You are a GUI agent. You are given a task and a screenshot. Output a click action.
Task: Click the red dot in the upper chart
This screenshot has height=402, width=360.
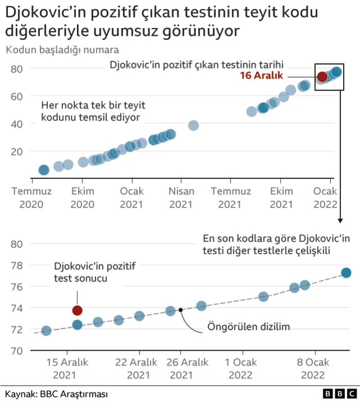pyautogui.click(x=322, y=76)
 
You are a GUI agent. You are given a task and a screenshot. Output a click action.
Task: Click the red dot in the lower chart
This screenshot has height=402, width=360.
pyautogui.click(x=77, y=310)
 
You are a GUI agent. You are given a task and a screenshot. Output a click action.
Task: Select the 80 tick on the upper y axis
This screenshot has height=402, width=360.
pyautogui.click(x=17, y=69)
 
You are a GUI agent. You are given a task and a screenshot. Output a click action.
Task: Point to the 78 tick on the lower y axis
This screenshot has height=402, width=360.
pyautogui.click(x=17, y=265)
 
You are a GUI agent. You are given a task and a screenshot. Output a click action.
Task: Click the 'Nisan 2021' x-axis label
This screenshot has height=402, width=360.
pyautogui.click(x=181, y=197)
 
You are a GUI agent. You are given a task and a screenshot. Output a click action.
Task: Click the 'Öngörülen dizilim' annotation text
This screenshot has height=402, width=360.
pyautogui.click(x=240, y=326)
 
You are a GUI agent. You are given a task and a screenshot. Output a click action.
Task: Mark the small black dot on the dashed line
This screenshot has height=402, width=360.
pyautogui.click(x=181, y=310)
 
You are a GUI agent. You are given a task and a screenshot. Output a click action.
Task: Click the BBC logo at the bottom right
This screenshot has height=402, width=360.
pyautogui.click(x=339, y=394)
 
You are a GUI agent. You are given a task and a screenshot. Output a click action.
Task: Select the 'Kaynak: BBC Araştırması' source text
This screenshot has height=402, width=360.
pyautogui.click(x=56, y=394)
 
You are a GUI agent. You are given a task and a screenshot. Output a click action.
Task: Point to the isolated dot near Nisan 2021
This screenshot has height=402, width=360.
pyautogui.click(x=193, y=125)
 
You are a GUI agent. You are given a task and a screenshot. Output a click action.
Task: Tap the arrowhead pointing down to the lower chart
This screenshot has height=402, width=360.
pyautogui.click(x=340, y=221)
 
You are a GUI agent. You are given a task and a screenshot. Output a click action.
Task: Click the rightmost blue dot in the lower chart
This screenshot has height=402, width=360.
pyautogui.click(x=346, y=273)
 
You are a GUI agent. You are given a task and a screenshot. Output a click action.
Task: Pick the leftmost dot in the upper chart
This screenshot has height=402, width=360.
pyautogui.click(x=43, y=170)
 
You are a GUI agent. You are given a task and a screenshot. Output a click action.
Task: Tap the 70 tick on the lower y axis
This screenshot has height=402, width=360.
pyautogui.click(x=17, y=351)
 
